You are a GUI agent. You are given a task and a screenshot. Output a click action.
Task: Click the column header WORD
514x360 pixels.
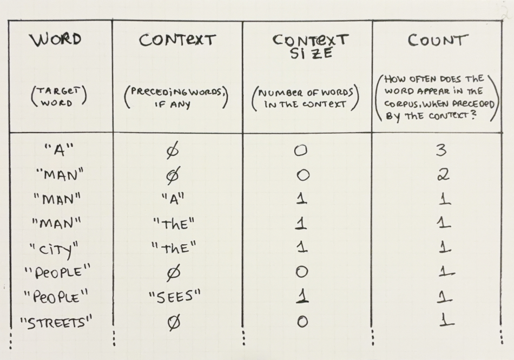[56, 40]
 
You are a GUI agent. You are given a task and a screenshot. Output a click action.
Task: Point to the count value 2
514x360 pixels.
[443, 174]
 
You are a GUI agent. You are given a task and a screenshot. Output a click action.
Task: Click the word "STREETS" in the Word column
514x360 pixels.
[56, 323]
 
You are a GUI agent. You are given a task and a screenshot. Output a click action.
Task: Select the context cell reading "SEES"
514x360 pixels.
[174, 297]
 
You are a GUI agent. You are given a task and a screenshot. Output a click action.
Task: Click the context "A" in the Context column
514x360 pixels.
[173, 198]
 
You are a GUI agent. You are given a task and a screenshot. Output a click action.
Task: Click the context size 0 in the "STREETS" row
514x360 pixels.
[302, 322]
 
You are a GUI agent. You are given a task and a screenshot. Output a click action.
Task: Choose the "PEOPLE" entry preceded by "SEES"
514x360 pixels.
[54, 297]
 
